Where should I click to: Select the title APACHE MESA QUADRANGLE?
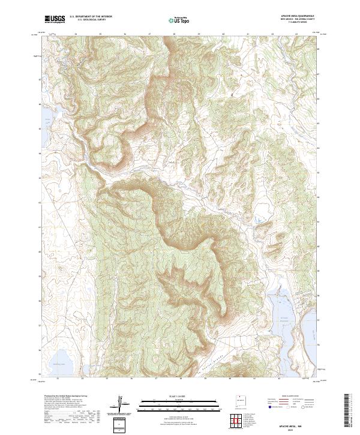pos(298,16)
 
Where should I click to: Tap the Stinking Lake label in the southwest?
pos(58,364)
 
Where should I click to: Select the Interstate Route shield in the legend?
pos(265,406)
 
